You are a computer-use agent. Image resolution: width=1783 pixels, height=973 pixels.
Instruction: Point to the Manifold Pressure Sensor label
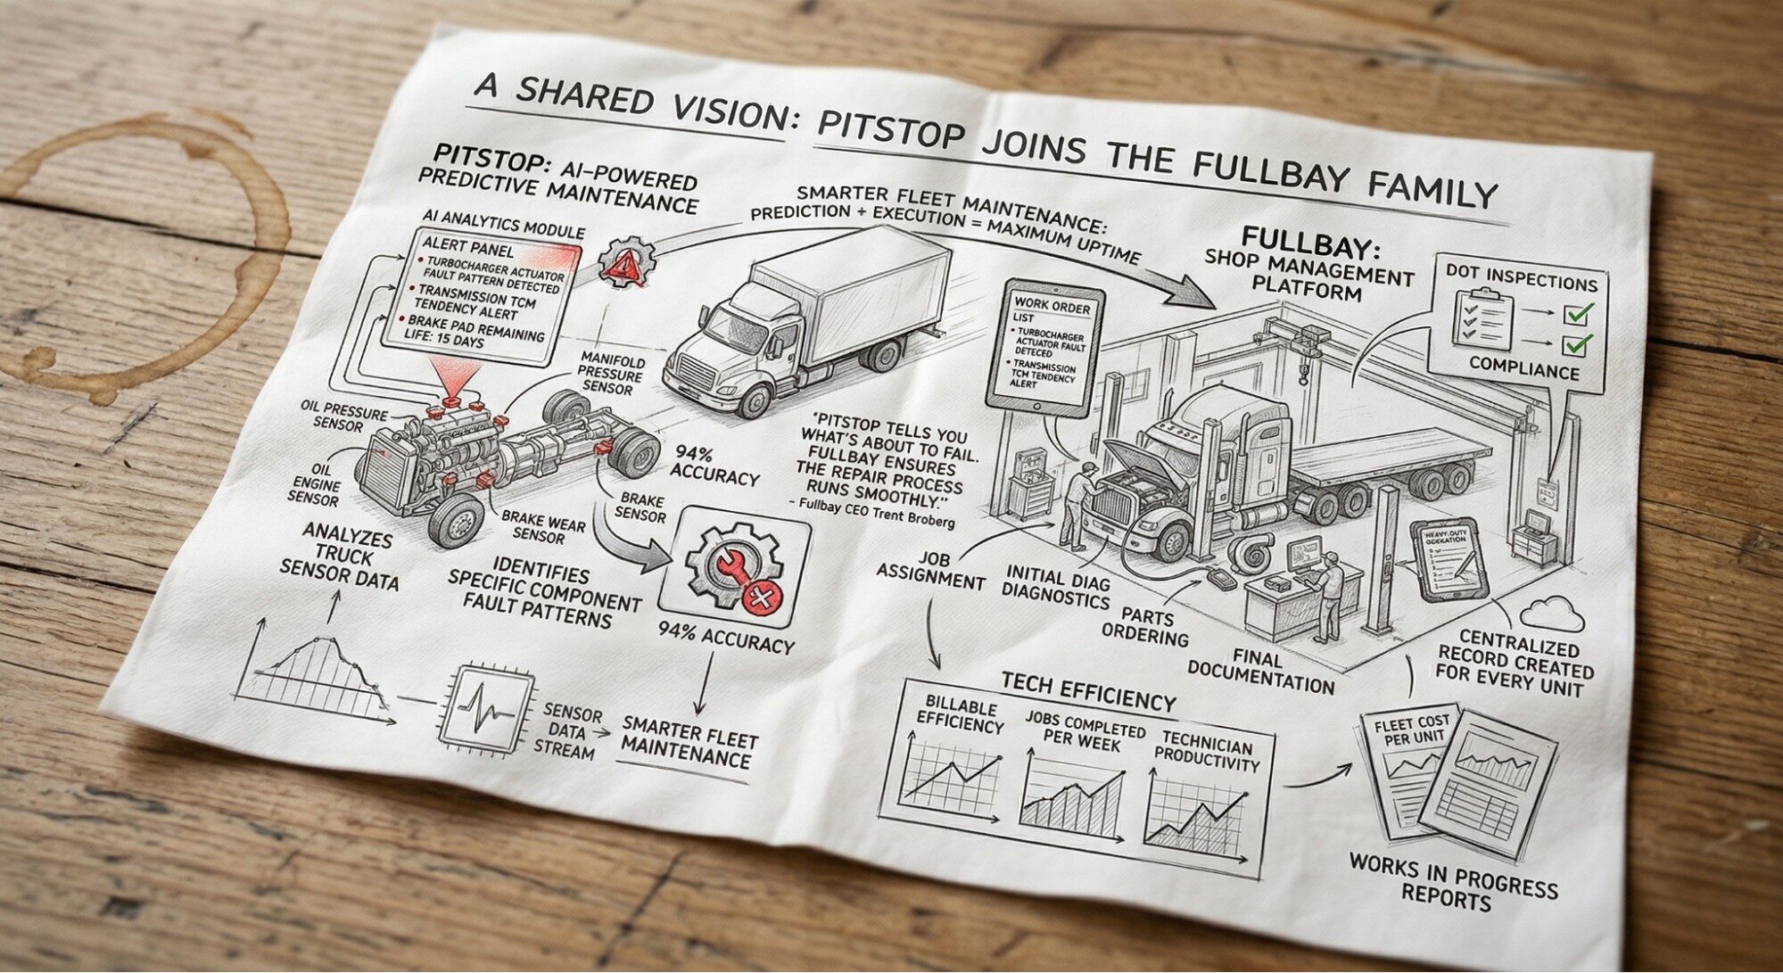611,373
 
